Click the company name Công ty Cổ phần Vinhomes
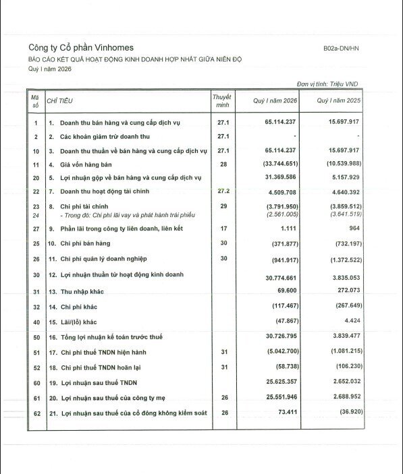point(81,47)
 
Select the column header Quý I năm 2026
point(275,100)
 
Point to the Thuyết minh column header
point(222,101)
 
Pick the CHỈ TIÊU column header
point(61,100)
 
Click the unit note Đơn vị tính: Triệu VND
point(329,84)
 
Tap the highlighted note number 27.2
point(223,191)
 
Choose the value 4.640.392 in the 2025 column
point(342,191)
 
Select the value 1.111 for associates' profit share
point(286,229)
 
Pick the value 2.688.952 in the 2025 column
point(342,397)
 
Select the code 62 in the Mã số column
point(36,412)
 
